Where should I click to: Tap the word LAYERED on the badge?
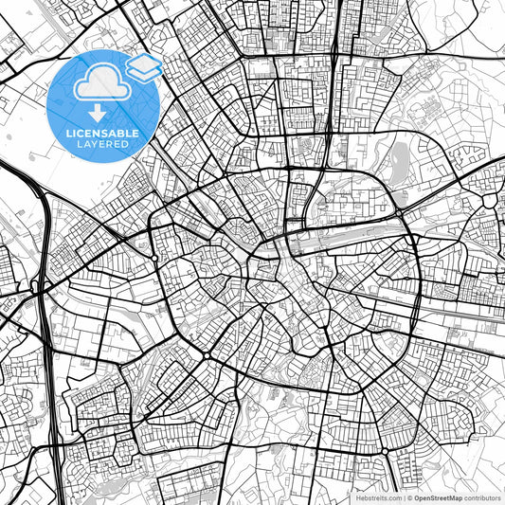click(106, 146)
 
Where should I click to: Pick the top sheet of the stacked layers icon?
click(143, 63)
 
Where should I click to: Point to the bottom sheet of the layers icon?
click(143, 74)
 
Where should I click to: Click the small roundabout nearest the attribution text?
click(384, 450)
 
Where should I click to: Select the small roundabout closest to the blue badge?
click(153, 258)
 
